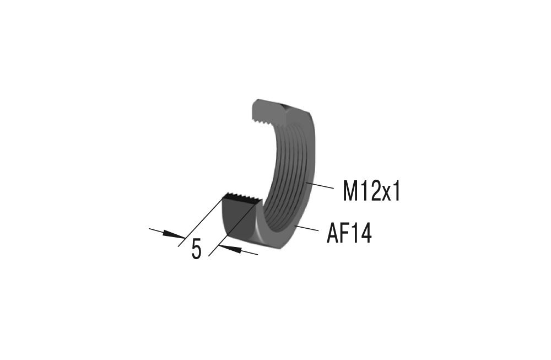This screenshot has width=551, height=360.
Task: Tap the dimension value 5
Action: (197, 250)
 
